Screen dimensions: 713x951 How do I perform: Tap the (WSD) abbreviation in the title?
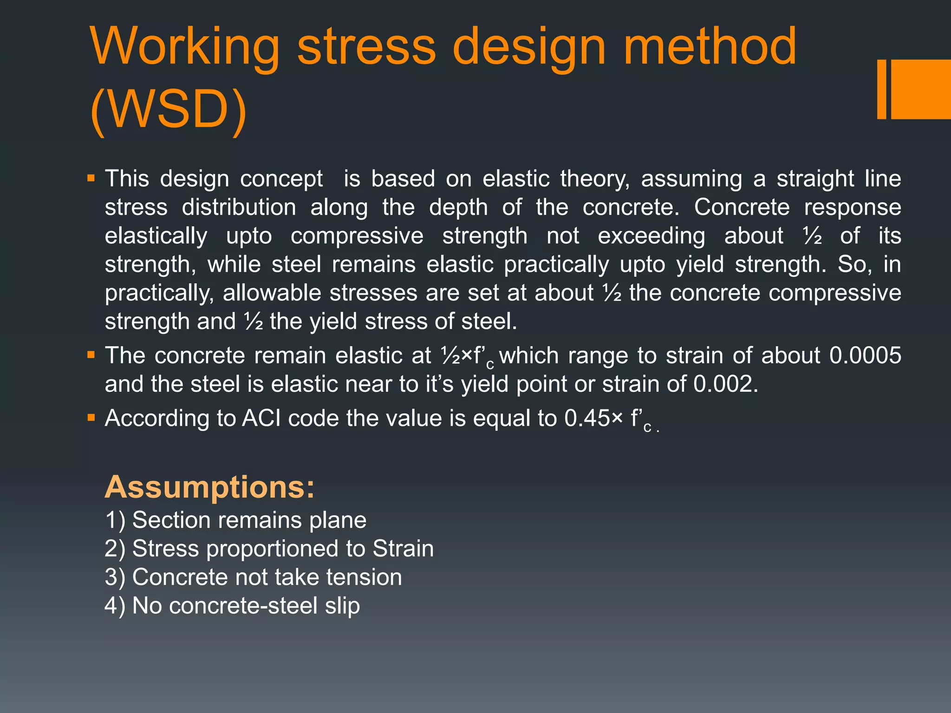pyautogui.click(x=168, y=110)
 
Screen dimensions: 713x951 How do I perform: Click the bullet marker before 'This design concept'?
pyautogui.click(x=91, y=178)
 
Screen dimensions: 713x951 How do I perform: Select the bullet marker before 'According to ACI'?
pyautogui.click(x=91, y=418)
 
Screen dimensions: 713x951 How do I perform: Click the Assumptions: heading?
pyautogui.click(x=209, y=487)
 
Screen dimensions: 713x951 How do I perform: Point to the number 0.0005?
pyautogui.click(x=865, y=356)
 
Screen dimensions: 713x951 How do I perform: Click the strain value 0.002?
pyautogui.click(x=725, y=384)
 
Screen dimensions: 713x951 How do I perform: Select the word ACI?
pyautogui.click(x=261, y=418)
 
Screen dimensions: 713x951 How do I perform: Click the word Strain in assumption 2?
pyautogui.click(x=403, y=549)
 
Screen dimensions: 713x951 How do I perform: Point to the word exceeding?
pyautogui.click(x=651, y=236)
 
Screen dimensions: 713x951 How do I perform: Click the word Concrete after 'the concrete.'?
pyautogui.click(x=742, y=207)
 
